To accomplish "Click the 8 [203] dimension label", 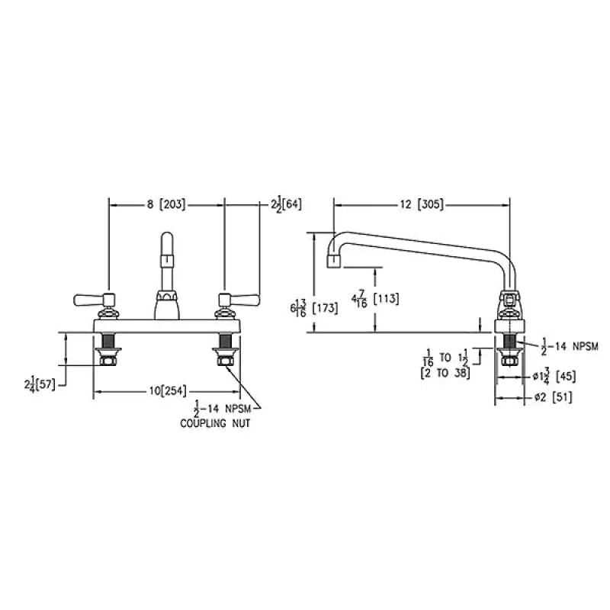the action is [166, 204].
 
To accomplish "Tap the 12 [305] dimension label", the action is [422, 204].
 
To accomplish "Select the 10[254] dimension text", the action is [168, 390].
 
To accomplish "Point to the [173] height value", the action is [326, 308].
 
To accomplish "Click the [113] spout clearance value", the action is [386, 299].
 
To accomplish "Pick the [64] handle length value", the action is [291, 204].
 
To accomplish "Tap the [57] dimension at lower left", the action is [46, 385].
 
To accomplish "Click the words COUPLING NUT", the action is [215, 423].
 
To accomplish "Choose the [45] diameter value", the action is [566, 376].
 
